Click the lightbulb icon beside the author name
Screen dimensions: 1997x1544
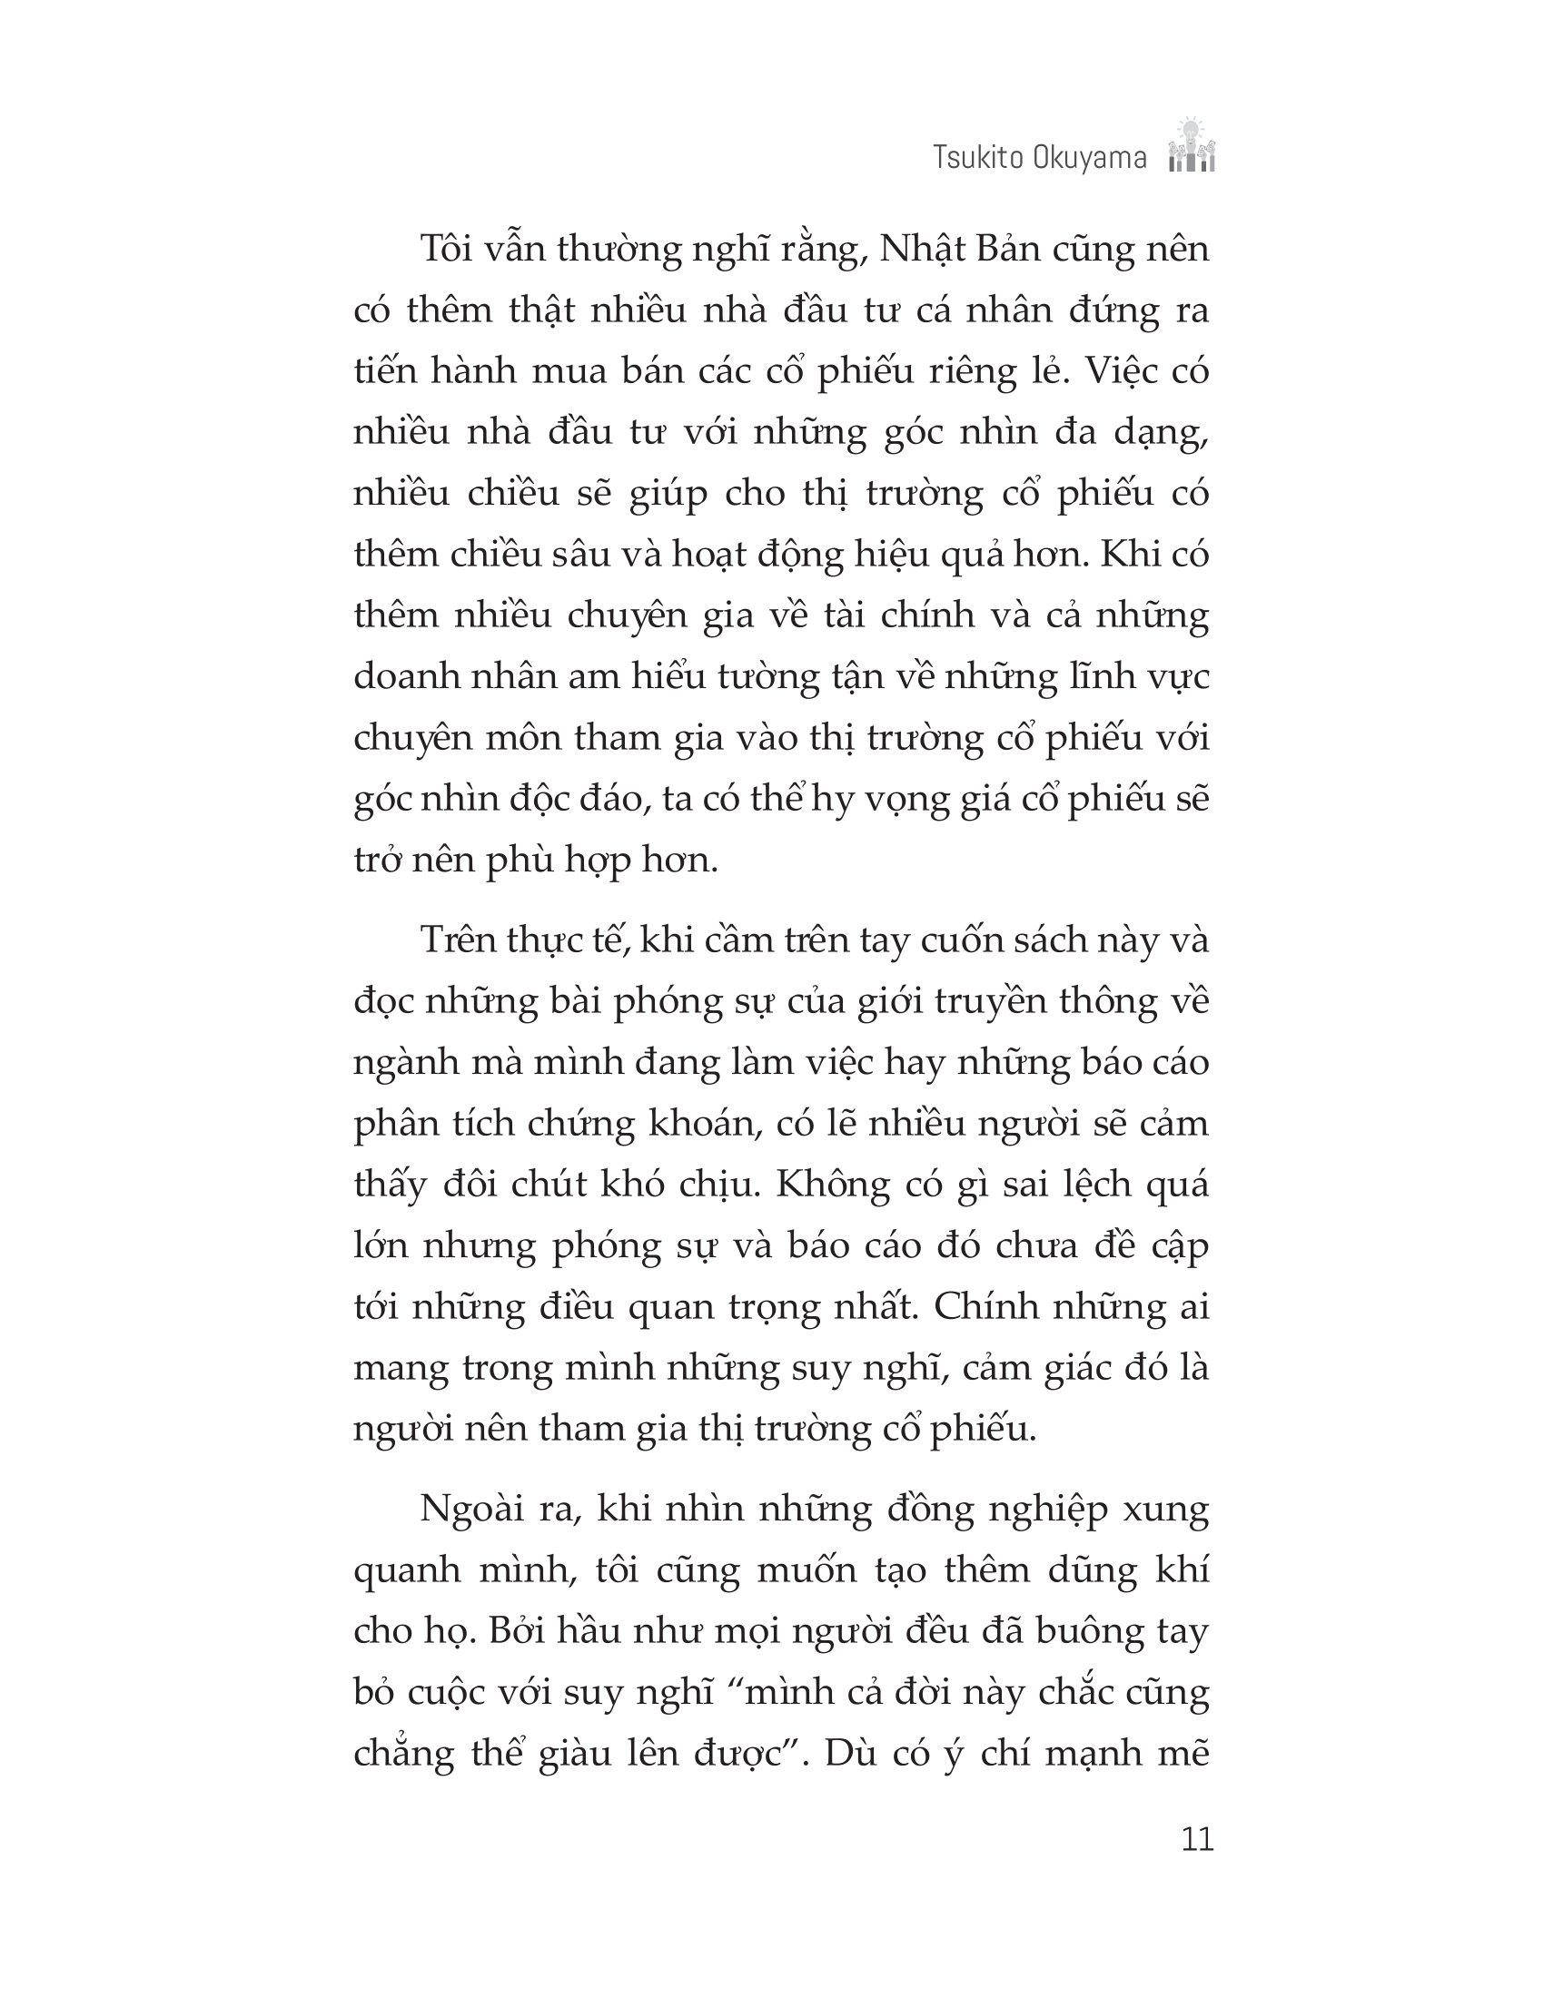click(x=1191, y=146)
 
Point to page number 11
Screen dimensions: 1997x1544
click(x=1196, y=1839)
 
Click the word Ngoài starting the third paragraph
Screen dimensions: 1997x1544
click(x=480, y=1510)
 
